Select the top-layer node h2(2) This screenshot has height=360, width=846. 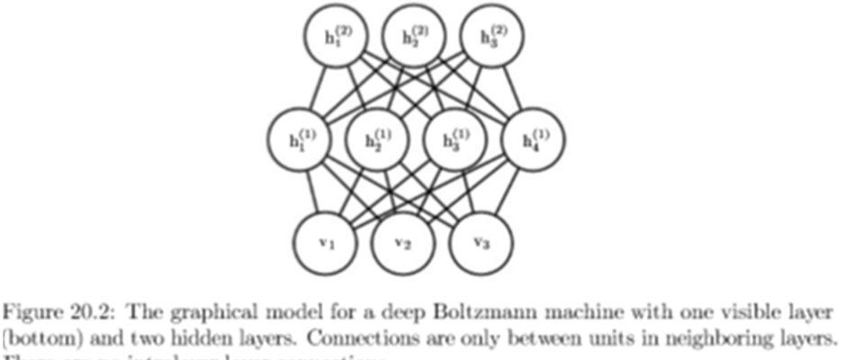pyautogui.click(x=415, y=40)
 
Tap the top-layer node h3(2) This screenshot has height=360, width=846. pyautogui.click(x=493, y=40)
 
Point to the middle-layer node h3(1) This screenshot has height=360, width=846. pyautogui.click(x=454, y=141)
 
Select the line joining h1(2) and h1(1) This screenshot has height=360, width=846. pyautogui.click(x=316, y=90)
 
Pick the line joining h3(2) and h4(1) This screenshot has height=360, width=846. pyautogui.click(x=513, y=90)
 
